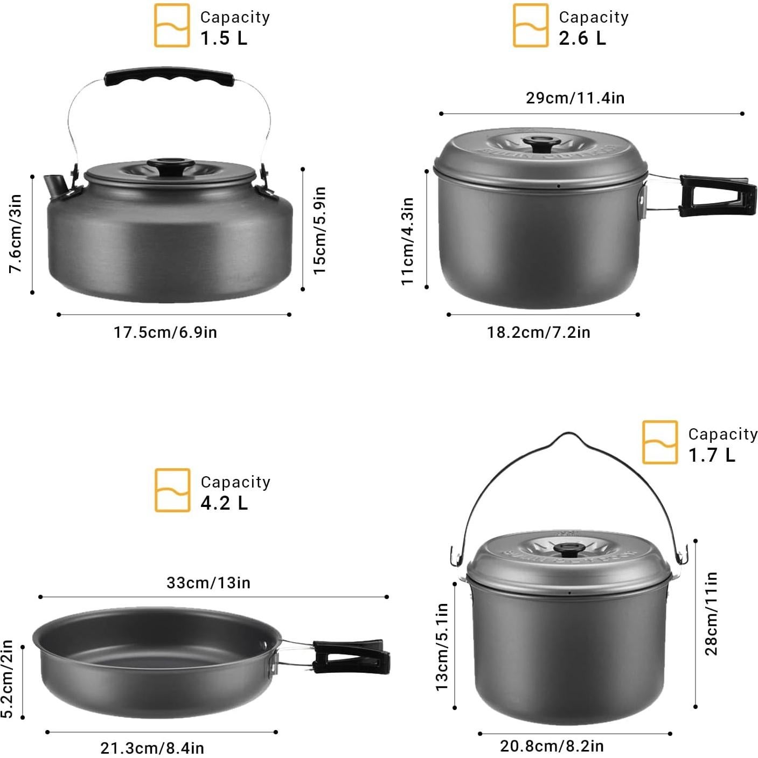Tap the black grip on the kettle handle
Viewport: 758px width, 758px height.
click(x=169, y=79)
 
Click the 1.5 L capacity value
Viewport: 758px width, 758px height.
click(x=224, y=38)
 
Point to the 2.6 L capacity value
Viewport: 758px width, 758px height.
click(x=582, y=38)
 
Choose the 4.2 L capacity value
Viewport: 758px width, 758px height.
click(x=224, y=503)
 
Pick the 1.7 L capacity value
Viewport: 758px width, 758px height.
click(x=712, y=455)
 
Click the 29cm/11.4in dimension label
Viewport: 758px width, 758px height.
click(x=575, y=98)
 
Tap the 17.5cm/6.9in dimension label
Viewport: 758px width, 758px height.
click(x=165, y=332)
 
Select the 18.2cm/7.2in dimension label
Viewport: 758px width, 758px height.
click(x=539, y=332)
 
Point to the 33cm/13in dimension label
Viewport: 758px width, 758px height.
click(x=208, y=583)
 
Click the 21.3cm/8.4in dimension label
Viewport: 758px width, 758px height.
click(x=152, y=748)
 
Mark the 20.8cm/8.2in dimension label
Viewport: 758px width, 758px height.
click(x=552, y=746)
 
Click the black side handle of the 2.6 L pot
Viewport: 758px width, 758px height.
click(x=717, y=196)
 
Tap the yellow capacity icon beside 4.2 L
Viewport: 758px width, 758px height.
click(x=172, y=490)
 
